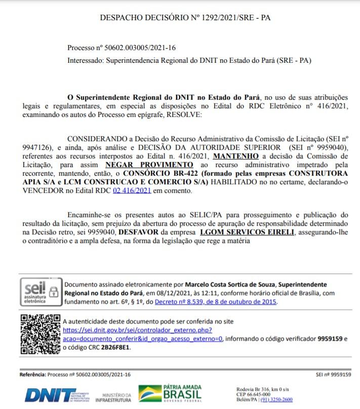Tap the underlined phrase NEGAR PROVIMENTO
[149, 165]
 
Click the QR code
[40, 332]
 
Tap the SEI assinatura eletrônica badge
[40, 293]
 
